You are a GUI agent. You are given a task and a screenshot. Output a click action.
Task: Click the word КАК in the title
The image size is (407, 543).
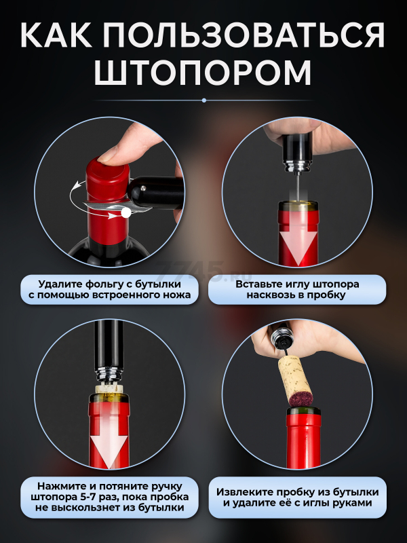click(x=56, y=35)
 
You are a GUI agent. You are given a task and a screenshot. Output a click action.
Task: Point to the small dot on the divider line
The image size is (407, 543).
click(x=204, y=100)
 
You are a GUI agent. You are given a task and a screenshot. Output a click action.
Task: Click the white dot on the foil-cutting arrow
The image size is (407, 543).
click(x=126, y=212)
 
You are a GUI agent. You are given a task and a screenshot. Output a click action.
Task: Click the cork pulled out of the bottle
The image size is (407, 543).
click(x=296, y=381)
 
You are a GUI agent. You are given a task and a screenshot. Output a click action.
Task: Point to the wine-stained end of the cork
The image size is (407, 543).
click(x=301, y=399)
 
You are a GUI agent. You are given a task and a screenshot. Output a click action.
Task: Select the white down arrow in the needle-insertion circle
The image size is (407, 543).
click(x=298, y=243)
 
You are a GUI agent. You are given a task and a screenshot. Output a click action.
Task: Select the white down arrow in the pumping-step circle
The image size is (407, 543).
click(x=109, y=443)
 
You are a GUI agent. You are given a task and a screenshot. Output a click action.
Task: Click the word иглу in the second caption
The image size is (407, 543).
click(x=297, y=284)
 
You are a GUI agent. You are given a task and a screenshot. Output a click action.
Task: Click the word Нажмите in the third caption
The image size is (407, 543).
click(x=61, y=487)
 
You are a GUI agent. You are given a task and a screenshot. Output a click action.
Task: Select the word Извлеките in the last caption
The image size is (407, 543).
click(x=242, y=492)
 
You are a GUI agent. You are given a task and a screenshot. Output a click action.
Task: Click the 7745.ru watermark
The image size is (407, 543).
click(x=203, y=271)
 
